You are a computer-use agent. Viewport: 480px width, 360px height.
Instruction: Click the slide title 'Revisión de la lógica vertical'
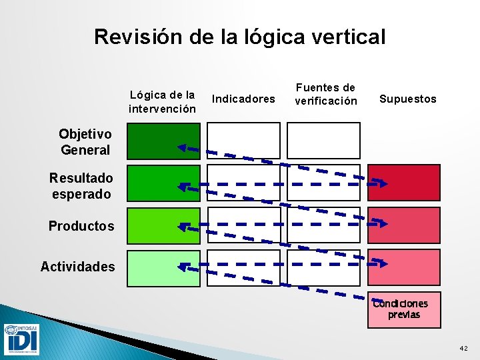click(x=240, y=36)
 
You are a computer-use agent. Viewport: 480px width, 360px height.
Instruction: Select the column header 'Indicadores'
click(x=243, y=99)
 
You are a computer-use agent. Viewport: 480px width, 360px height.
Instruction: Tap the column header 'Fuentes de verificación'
click(x=326, y=94)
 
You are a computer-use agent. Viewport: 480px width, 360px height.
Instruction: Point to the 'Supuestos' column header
click(x=407, y=99)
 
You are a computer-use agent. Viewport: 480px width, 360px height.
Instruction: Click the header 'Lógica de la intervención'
click(x=163, y=101)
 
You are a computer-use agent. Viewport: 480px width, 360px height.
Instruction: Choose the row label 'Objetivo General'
click(x=85, y=143)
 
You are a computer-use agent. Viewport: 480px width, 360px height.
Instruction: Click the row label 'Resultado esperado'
click(x=81, y=185)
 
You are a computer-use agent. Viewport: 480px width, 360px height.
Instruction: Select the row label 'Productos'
click(x=81, y=226)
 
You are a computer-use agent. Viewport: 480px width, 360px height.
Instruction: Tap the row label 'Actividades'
click(x=77, y=267)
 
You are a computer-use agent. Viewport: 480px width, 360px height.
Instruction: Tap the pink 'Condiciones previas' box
click(x=404, y=309)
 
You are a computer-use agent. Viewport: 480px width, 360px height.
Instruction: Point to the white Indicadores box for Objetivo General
click(x=243, y=141)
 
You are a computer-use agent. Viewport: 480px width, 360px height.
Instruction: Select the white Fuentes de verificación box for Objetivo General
click(x=323, y=141)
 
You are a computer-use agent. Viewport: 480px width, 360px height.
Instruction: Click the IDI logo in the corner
click(x=21, y=339)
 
